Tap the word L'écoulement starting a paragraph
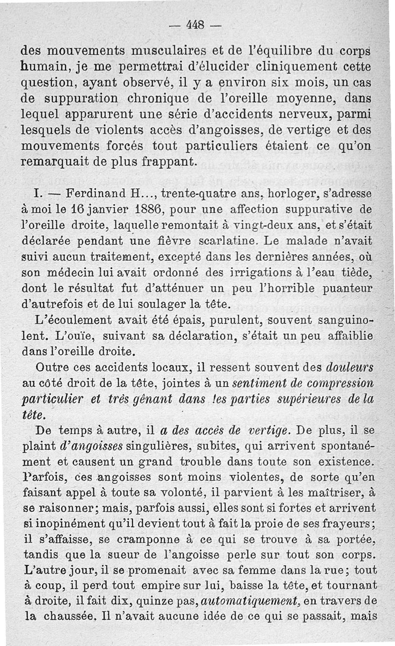pyautogui.click(x=77, y=321)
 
